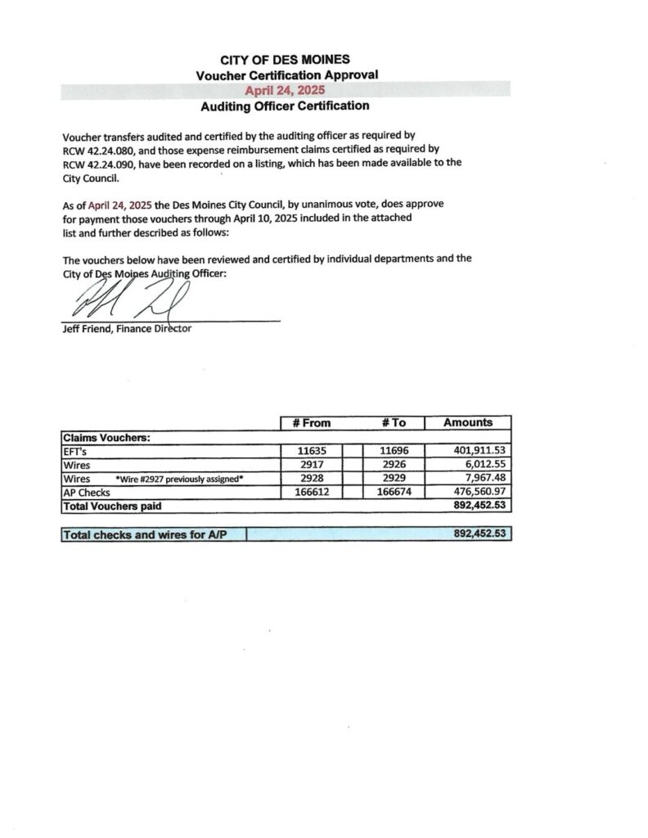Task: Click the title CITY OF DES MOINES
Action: [286, 60]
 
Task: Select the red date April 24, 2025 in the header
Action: [286, 90]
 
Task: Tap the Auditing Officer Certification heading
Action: [285, 106]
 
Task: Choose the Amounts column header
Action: [468, 423]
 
